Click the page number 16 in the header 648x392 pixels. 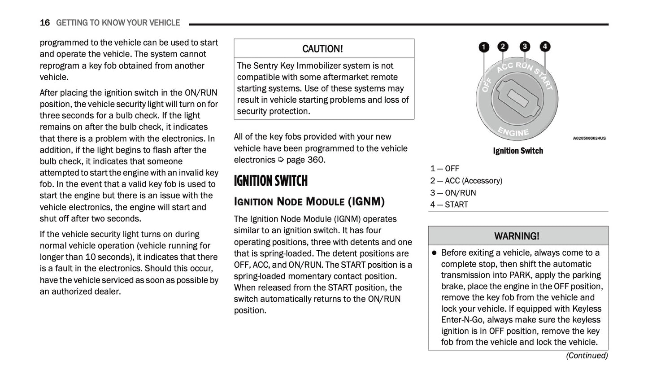44,23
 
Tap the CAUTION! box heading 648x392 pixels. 323,49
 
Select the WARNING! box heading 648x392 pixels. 517,236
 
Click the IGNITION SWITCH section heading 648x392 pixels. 271,181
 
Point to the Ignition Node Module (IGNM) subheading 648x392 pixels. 309,201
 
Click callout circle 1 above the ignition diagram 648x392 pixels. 484,47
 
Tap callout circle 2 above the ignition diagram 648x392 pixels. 503,47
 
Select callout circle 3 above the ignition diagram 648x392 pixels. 524,47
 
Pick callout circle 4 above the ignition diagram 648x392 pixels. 544,47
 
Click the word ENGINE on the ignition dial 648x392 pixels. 513,132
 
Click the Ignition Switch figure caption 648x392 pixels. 518,151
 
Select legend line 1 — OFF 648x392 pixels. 445,169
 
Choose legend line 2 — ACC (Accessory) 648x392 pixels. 466,181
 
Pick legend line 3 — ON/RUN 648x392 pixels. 453,193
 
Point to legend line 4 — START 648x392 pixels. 449,205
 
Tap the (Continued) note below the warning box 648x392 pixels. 587,356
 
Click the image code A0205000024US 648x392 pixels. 589,139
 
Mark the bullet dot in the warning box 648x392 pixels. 434,253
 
